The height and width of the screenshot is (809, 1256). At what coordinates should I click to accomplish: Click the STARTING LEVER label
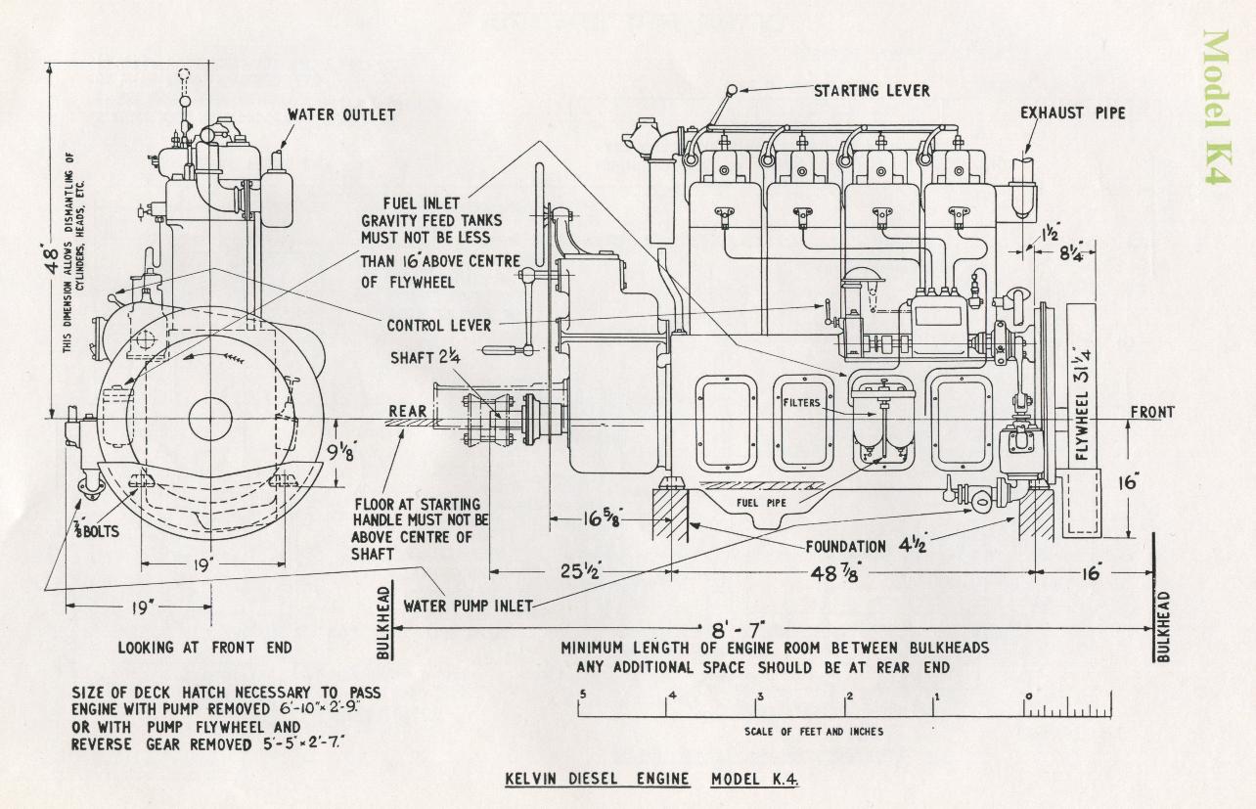[872, 91]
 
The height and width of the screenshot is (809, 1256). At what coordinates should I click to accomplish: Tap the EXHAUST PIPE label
[1073, 112]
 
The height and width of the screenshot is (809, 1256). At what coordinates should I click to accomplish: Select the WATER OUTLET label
[341, 114]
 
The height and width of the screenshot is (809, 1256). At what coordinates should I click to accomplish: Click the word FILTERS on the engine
[801, 401]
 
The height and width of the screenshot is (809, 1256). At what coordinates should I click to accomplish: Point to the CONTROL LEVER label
[438, 326]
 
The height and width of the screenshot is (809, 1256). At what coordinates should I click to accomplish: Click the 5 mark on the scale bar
[582, 696]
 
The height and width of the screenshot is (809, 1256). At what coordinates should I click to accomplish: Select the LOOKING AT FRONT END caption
[204, 648]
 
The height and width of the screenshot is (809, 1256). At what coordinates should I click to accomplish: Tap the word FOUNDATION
[847, 546]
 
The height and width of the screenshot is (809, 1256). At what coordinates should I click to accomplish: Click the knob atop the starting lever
[731, 91]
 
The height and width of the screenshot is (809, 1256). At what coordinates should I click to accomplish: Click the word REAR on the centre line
[408, 411]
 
